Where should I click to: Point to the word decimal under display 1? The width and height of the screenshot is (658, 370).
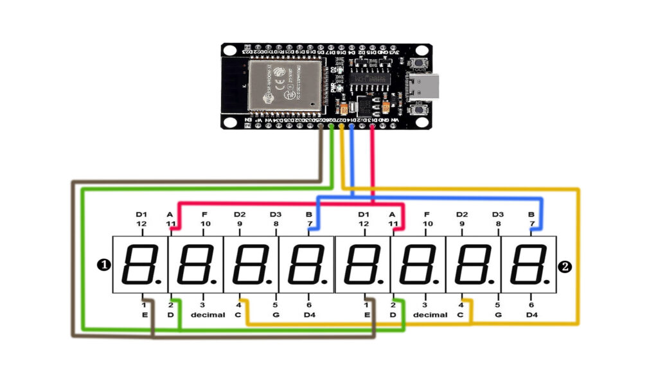(x=208, y=315)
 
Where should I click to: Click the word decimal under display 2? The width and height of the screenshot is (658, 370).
(x=430, y=315)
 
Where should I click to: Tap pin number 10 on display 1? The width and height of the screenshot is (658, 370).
(x=206, y=224)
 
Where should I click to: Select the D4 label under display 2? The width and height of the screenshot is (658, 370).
(x=531, y=315)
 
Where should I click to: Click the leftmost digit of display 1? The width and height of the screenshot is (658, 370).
(x=140, y=264)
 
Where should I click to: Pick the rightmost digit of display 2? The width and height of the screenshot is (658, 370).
(x=528, y=264)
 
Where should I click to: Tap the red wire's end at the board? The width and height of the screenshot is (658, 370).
(x=372, y=127)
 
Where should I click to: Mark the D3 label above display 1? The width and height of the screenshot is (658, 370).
(x=276, y=214)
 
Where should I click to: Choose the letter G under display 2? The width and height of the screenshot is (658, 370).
(x=498, y=315)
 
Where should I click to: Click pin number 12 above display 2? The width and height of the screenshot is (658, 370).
(x=364, y=224)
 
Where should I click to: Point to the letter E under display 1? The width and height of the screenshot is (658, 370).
(x=144, y=315)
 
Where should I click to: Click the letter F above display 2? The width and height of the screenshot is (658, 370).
(x=427, y=214)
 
